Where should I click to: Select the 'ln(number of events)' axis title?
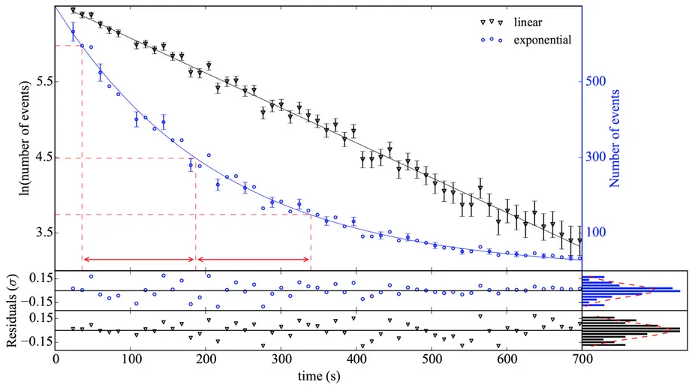[25, 140]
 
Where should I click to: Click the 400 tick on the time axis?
[357, 359]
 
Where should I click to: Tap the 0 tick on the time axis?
[56, 359]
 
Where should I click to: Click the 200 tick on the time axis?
[206, 359]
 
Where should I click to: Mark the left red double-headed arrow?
[139, 260]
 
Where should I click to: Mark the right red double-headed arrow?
[254, 260]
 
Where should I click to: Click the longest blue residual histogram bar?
[631, 290]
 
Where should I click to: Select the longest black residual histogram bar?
[631, 329]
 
